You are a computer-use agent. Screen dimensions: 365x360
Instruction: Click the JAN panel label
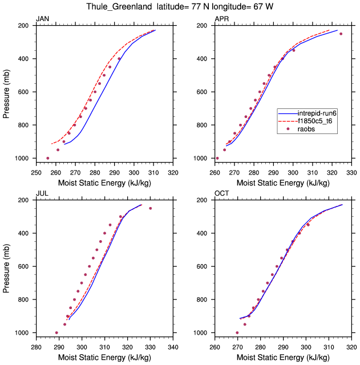(x=42, y=19)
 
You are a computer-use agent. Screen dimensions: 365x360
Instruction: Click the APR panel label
(x=221, y=19)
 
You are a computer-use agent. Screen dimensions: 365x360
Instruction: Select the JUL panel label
(x=42, y=194)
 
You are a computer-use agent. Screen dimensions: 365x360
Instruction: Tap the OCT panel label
(x=222, y=194)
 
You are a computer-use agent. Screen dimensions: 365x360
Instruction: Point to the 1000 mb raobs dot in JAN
(x=47, y=158)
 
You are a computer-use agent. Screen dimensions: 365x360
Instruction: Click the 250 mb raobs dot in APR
(x=341, y=34)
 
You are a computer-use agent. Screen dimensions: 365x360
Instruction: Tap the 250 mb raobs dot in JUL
(x=151, y=208)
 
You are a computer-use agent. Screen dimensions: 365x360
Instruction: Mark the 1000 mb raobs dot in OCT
(x=237, y=332)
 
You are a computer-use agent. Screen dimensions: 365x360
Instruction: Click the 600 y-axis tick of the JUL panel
(x=23, y=266)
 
